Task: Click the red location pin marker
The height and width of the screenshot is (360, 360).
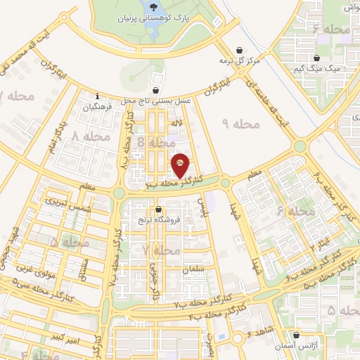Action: point(181,165)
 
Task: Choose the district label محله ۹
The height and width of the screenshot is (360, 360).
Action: point(241,124)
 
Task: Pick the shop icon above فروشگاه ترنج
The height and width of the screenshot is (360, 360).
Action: point(158,209)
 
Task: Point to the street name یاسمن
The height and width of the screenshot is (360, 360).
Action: point(205,207)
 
